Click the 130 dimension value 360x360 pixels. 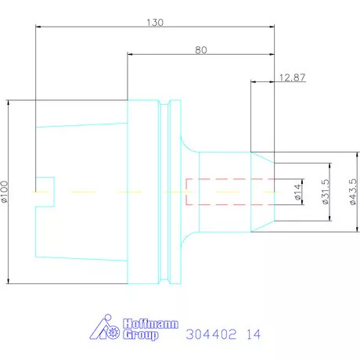pyautogui.click(x=155, y=23)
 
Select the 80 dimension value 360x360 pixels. pyautogui.click(x=201, y=50)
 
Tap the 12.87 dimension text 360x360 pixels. pyautogui.click(x=292, y=77)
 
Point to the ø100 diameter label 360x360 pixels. pyautogui.click(x=5, y=192)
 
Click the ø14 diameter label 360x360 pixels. pyautogui.click(x=298, y=192)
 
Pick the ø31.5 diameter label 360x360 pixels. pyautogui.click(x=326, y=192)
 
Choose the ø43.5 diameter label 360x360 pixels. pyautogui.click(x=353, y=192)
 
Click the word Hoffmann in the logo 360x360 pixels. pyautogui.click(x=151, y=324)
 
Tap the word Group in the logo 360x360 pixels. pyautogui.click(x=141, y=335)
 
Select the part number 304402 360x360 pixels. pyautogui.click(x=211, y=334)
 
